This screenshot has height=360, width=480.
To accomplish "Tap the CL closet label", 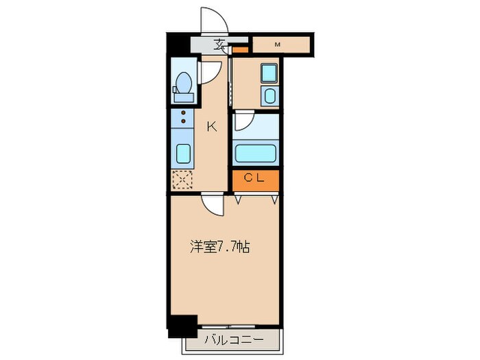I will tap(255, 178).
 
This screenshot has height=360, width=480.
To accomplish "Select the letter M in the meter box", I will tap(278, 45).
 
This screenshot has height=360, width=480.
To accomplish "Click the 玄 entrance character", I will tap(219, 45).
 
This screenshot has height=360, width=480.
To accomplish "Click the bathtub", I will tap(255, 152).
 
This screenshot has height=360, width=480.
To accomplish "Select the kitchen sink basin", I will tap(184, 152).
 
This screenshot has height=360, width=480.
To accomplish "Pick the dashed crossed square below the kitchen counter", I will tap(183, 180).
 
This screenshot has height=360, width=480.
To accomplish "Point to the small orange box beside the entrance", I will tap(240, 50).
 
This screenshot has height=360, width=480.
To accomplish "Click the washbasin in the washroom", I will tap(270, 95).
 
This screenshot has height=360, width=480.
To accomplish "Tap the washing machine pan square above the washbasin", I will tap(269, 73).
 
